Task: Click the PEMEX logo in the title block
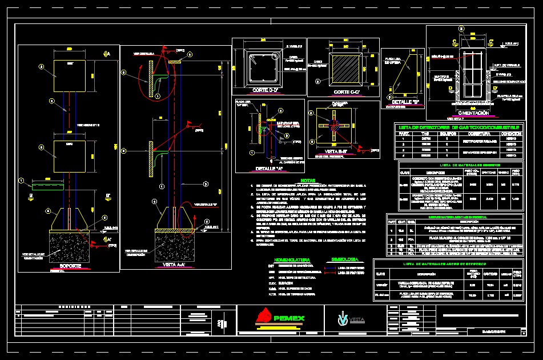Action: tap(281, 318)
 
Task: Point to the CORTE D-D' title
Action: tap(264, 91)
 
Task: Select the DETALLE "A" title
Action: tap(268, 169)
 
